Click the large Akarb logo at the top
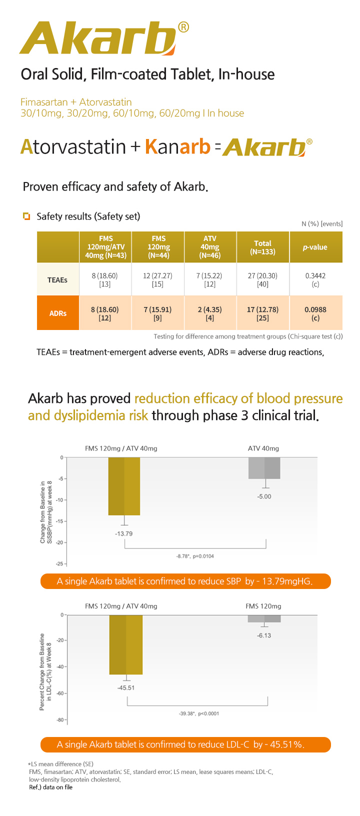[x=97, y=38]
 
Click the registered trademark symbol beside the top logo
[x=183, y=27]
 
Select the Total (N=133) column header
[x=262, y=247]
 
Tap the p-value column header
[x=315, y=247]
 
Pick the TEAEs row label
[x=57, y=279]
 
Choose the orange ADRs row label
[x=58, y=313]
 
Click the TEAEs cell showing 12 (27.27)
[x=158, y=279]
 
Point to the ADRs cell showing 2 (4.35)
[x=210, y=313]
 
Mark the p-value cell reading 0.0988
[x=315, y=313]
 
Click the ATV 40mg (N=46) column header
[x=210, y=247]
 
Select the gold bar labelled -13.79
[x=124, y=486]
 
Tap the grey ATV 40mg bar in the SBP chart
[x=264, y=468]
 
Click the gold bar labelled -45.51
[x=126, y=644]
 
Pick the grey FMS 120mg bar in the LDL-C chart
[x=264, y=618]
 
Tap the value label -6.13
[x=264, y=635]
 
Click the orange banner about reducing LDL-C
[x=185, y=744]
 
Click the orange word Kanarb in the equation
[x=177, y=146]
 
